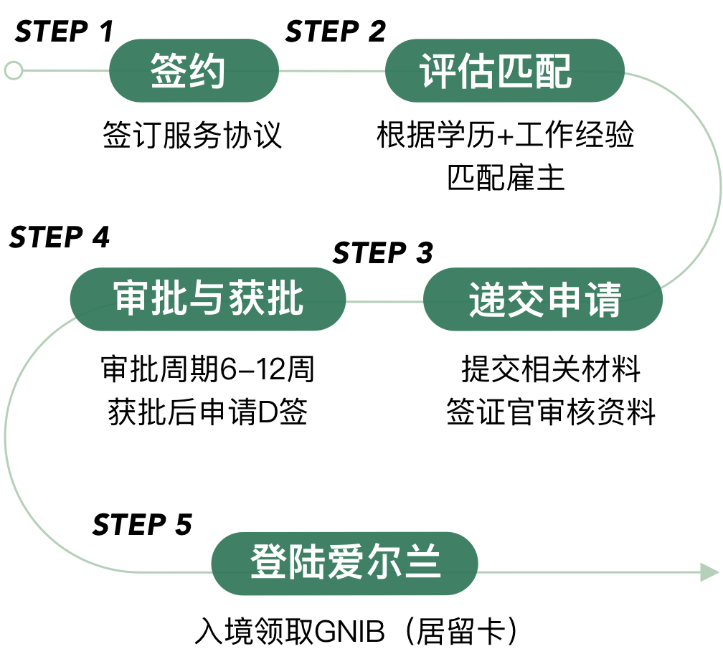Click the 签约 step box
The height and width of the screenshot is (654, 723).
(x=194, y=70)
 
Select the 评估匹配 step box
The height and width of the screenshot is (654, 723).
(x=504, y=70)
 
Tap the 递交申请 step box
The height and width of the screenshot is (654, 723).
(x=542, y=299)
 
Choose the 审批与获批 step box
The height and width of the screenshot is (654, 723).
(x=208, y=299)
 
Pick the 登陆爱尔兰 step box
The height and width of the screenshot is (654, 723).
(x=344, y=563)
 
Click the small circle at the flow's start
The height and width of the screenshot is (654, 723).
(x=13, y=70)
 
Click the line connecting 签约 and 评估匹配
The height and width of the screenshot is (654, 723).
(x=331, y=71)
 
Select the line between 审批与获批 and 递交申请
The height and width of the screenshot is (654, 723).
(x=384, y=302)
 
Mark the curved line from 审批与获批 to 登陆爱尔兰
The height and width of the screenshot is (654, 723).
(x=6, y=437)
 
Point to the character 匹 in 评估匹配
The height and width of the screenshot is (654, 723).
(x=515, y=71)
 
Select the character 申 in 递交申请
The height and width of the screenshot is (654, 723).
(x=564, y=300)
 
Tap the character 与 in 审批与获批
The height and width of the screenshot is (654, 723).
(x=209, y=298)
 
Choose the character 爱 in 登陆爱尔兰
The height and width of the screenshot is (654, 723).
(x=345, y=563)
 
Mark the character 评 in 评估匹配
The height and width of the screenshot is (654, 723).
(x=437, y=71)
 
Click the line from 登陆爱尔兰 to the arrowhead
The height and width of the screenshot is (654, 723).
(x=588, y=572)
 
